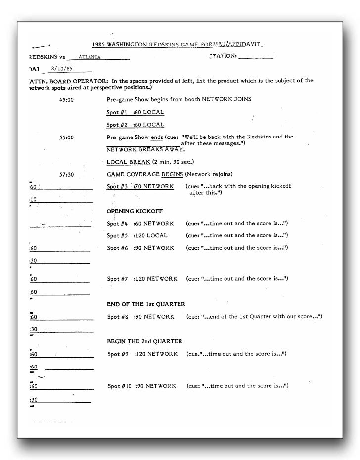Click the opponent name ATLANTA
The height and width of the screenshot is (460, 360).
click(90, 57)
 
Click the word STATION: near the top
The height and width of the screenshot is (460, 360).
click(223, 56)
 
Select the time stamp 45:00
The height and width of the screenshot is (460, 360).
click(66, 99)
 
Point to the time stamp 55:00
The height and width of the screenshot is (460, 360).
click(66, 138)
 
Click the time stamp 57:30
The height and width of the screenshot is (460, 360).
click(66, 174)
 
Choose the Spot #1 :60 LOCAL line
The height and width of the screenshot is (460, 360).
click(135, 112)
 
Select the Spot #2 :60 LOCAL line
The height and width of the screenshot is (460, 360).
click(135, 125)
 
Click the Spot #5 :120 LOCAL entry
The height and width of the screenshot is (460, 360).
click(137, 235)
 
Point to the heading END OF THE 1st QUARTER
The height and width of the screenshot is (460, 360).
click(146, 304)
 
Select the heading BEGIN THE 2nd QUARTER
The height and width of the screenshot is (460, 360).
click(144, 341)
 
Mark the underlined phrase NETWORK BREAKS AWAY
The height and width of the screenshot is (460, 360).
click(146, 149)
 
